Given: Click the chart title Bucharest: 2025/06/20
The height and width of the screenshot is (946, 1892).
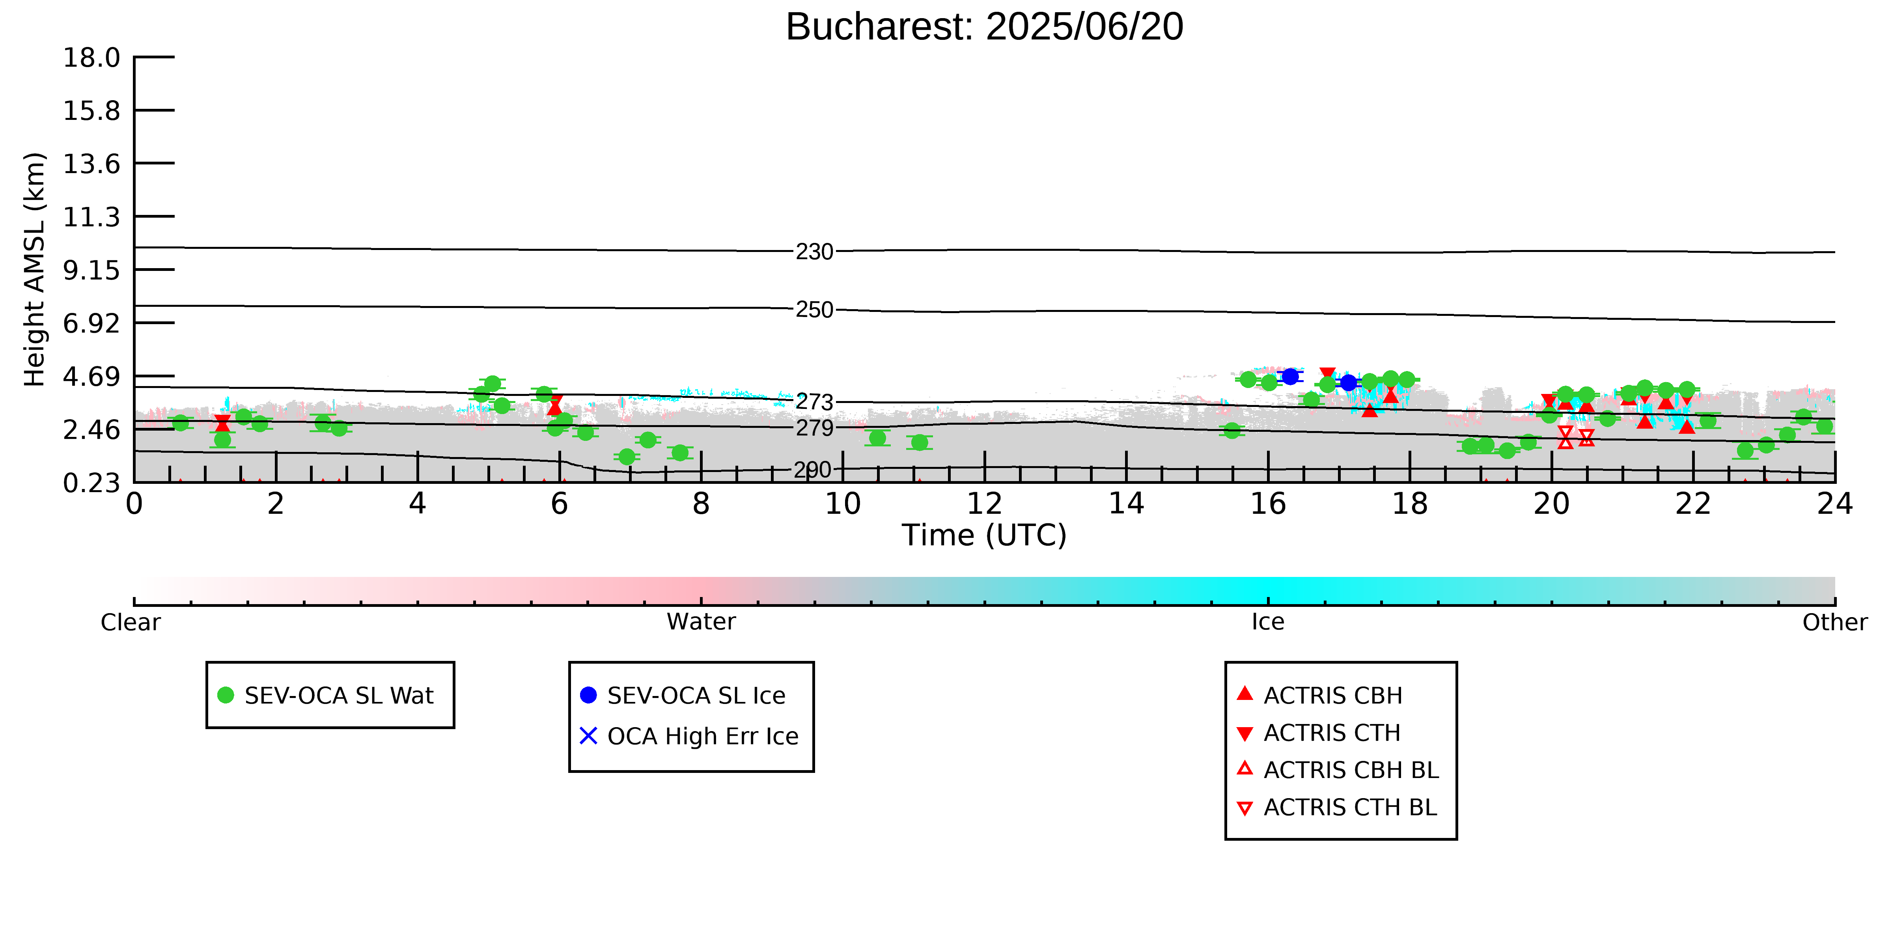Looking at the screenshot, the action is (984, 27).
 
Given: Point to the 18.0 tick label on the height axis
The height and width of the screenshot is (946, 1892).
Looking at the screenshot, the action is (91, 57).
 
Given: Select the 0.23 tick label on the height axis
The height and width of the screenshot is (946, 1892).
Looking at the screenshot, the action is (91, 483).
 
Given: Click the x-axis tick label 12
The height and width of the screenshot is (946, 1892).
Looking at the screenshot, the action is (984, 504).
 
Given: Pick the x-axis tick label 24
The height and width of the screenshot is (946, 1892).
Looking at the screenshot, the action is (1835, 504).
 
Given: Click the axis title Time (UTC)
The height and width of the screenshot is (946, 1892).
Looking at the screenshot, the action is (984, 536).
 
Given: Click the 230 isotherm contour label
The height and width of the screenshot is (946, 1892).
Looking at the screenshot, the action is (815, 252).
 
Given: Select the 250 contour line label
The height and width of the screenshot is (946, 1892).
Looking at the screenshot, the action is (815, 310).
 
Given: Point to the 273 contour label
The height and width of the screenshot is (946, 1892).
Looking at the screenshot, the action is (815, 403).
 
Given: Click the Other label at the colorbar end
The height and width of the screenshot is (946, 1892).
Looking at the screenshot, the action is (1835, 622).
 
